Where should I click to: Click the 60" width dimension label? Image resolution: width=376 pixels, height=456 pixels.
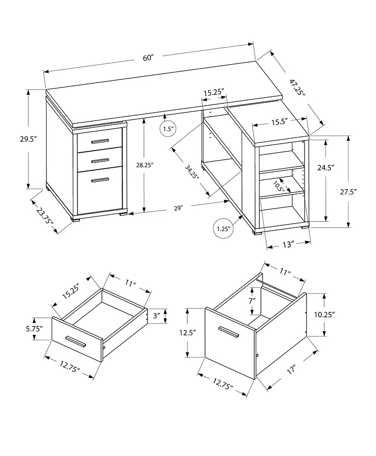149,58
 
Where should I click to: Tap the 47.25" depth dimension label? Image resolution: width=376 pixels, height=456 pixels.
297,88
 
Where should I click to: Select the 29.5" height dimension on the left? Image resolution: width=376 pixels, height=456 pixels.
28,139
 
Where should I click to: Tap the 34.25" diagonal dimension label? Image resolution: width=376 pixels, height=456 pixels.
191,171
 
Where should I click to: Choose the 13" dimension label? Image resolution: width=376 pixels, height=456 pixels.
289,244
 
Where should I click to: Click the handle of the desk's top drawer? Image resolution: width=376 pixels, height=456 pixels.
100,141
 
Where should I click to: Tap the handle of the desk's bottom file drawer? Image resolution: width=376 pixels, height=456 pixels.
100,180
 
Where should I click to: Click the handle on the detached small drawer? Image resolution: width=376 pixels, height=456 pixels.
76,341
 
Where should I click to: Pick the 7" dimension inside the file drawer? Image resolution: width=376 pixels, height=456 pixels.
252,301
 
